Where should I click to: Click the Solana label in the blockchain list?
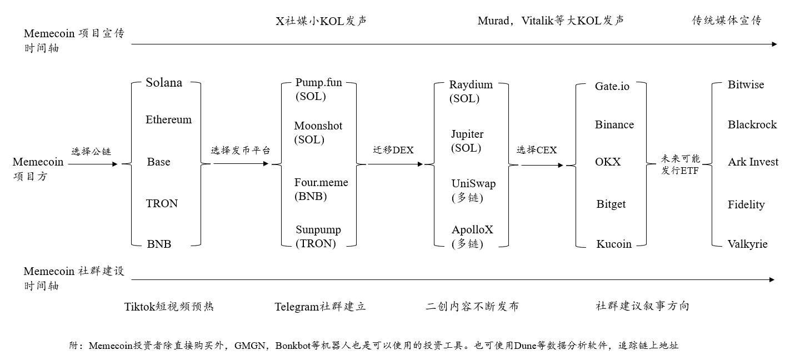[164, 83]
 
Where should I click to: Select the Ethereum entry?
[168, 119]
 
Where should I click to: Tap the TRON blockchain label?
[162, 203]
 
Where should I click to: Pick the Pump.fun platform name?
[318, 83]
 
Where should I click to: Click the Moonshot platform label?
[318, 126]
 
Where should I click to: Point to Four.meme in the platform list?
[321, 183]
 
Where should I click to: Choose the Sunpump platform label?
[318, 230]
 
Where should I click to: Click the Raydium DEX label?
[471, 85]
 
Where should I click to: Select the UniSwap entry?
[473, 184]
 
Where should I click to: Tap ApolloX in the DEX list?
[472, 230]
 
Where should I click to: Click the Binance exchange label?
[614, 125]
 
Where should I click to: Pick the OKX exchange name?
[608, 162]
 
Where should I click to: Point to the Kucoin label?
[613, 244]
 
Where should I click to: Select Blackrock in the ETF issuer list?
[752, 125]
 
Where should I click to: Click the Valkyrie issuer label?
[747, 244]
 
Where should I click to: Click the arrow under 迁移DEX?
[395, 164]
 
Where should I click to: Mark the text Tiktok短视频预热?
[169, 307]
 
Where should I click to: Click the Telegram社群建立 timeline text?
[320, 307]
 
